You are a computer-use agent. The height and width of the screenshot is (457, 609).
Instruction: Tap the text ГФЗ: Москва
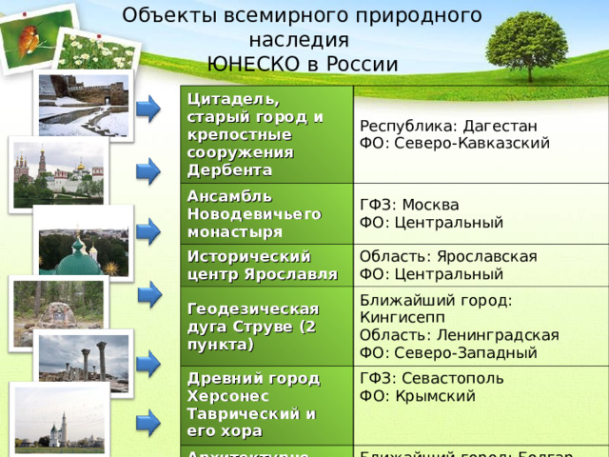coord(408,206)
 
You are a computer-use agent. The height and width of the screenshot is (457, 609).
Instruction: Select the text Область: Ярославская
coord(448,256)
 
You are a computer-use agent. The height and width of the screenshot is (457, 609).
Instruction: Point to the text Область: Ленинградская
coord(459,335)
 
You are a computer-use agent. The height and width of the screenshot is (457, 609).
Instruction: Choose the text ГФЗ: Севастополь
coord(424,378)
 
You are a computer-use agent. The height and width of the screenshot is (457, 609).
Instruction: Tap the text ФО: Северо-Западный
coord(448,352)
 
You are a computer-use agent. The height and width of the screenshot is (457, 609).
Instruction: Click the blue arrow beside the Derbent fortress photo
coord(148,109)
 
